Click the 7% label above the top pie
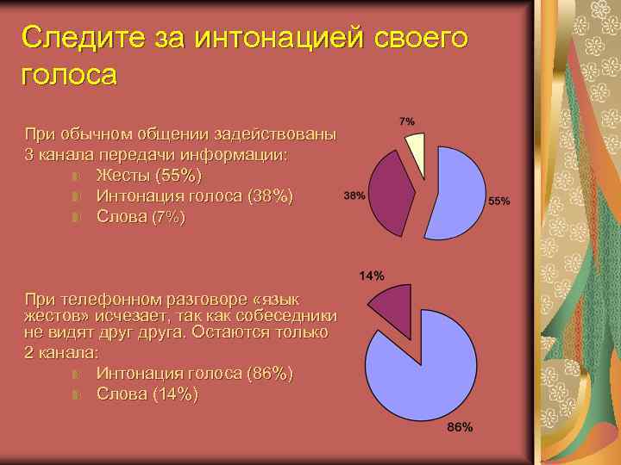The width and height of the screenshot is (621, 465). [x=406, y=121]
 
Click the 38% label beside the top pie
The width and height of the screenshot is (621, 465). [x=354, y=195]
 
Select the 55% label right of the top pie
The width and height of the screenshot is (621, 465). [x=499, y=201]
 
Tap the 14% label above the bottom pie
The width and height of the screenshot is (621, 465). [x=372, y=276]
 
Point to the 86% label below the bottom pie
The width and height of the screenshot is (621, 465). [x=460, y=428]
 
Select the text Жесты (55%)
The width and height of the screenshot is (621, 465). [x=148, y=176]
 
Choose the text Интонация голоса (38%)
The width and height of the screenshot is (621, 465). [x=194, y=196]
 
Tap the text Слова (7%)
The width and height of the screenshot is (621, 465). [x=140, y=217]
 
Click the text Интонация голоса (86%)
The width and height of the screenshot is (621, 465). [x=194, y=374]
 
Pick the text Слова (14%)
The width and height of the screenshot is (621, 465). [x=147, y=394]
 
